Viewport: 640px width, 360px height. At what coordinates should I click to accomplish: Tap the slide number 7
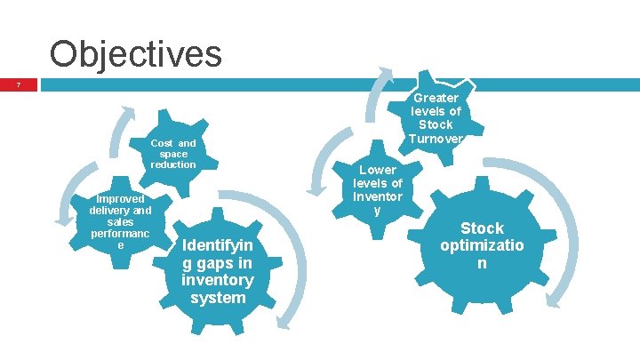pos(18,85)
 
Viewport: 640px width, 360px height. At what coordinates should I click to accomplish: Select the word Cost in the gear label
pos(162,143)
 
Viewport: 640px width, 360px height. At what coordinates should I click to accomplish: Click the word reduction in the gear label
pos(172,164)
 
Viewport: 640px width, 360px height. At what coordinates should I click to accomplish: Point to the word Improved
pos(121,199)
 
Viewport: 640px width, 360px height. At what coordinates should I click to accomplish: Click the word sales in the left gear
pos(121,222)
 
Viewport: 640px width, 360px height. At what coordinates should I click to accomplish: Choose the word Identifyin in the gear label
pos(217,245)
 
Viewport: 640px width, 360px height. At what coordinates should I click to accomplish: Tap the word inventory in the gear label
pos(217,280)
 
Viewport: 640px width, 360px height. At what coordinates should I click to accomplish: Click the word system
pos(217,298)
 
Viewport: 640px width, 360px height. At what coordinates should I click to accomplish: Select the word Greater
pos(436,98)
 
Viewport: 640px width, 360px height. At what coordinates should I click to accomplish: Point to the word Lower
pos(378,169)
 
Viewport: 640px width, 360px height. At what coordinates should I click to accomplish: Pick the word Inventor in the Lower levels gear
pos(378,196)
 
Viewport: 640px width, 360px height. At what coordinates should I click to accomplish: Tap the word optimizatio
pos(481,246)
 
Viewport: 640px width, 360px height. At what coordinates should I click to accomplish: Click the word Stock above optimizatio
pos(481,228)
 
